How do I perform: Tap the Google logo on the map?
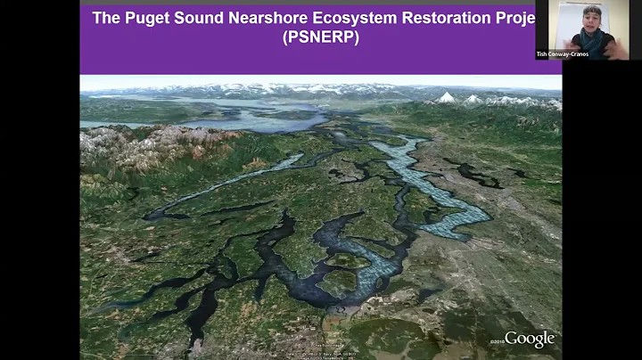click(x=529, y=340)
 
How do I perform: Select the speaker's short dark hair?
click(x=592, y=10)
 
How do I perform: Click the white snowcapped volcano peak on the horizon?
click(x=445, y=97)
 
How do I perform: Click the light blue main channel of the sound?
click(x=428, y=178)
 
